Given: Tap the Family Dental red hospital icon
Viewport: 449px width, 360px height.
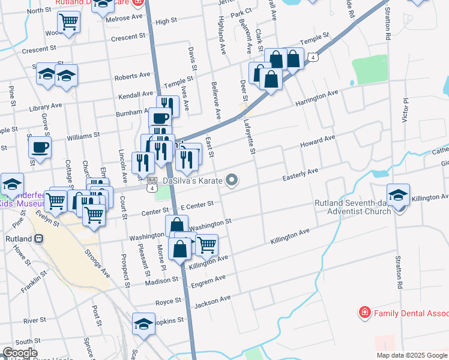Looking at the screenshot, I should pyautogui.click(x=364, y=313).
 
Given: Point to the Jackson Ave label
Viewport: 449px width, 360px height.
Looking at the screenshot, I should pyautogui.click(x=212, y=300).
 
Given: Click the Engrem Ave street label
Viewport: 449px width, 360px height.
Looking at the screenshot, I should pyautogui.click(x=208, y=280).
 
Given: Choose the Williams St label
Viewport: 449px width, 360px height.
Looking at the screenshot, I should pyautogui.click(x=79, y=137).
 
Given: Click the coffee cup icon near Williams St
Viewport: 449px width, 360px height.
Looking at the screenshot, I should pyautogui.click(x=40, y=147).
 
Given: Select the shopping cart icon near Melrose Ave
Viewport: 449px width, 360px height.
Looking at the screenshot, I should pyautogui.click(x=69, y=22).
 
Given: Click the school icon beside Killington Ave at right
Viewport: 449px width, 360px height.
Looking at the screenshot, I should pyautogui.click(x=398, y=194).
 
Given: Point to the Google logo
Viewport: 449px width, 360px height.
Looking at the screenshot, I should pyautogui.click(x=19, y=353).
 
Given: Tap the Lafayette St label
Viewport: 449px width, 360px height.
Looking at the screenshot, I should pyautogui.click(x=249, y=136).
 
